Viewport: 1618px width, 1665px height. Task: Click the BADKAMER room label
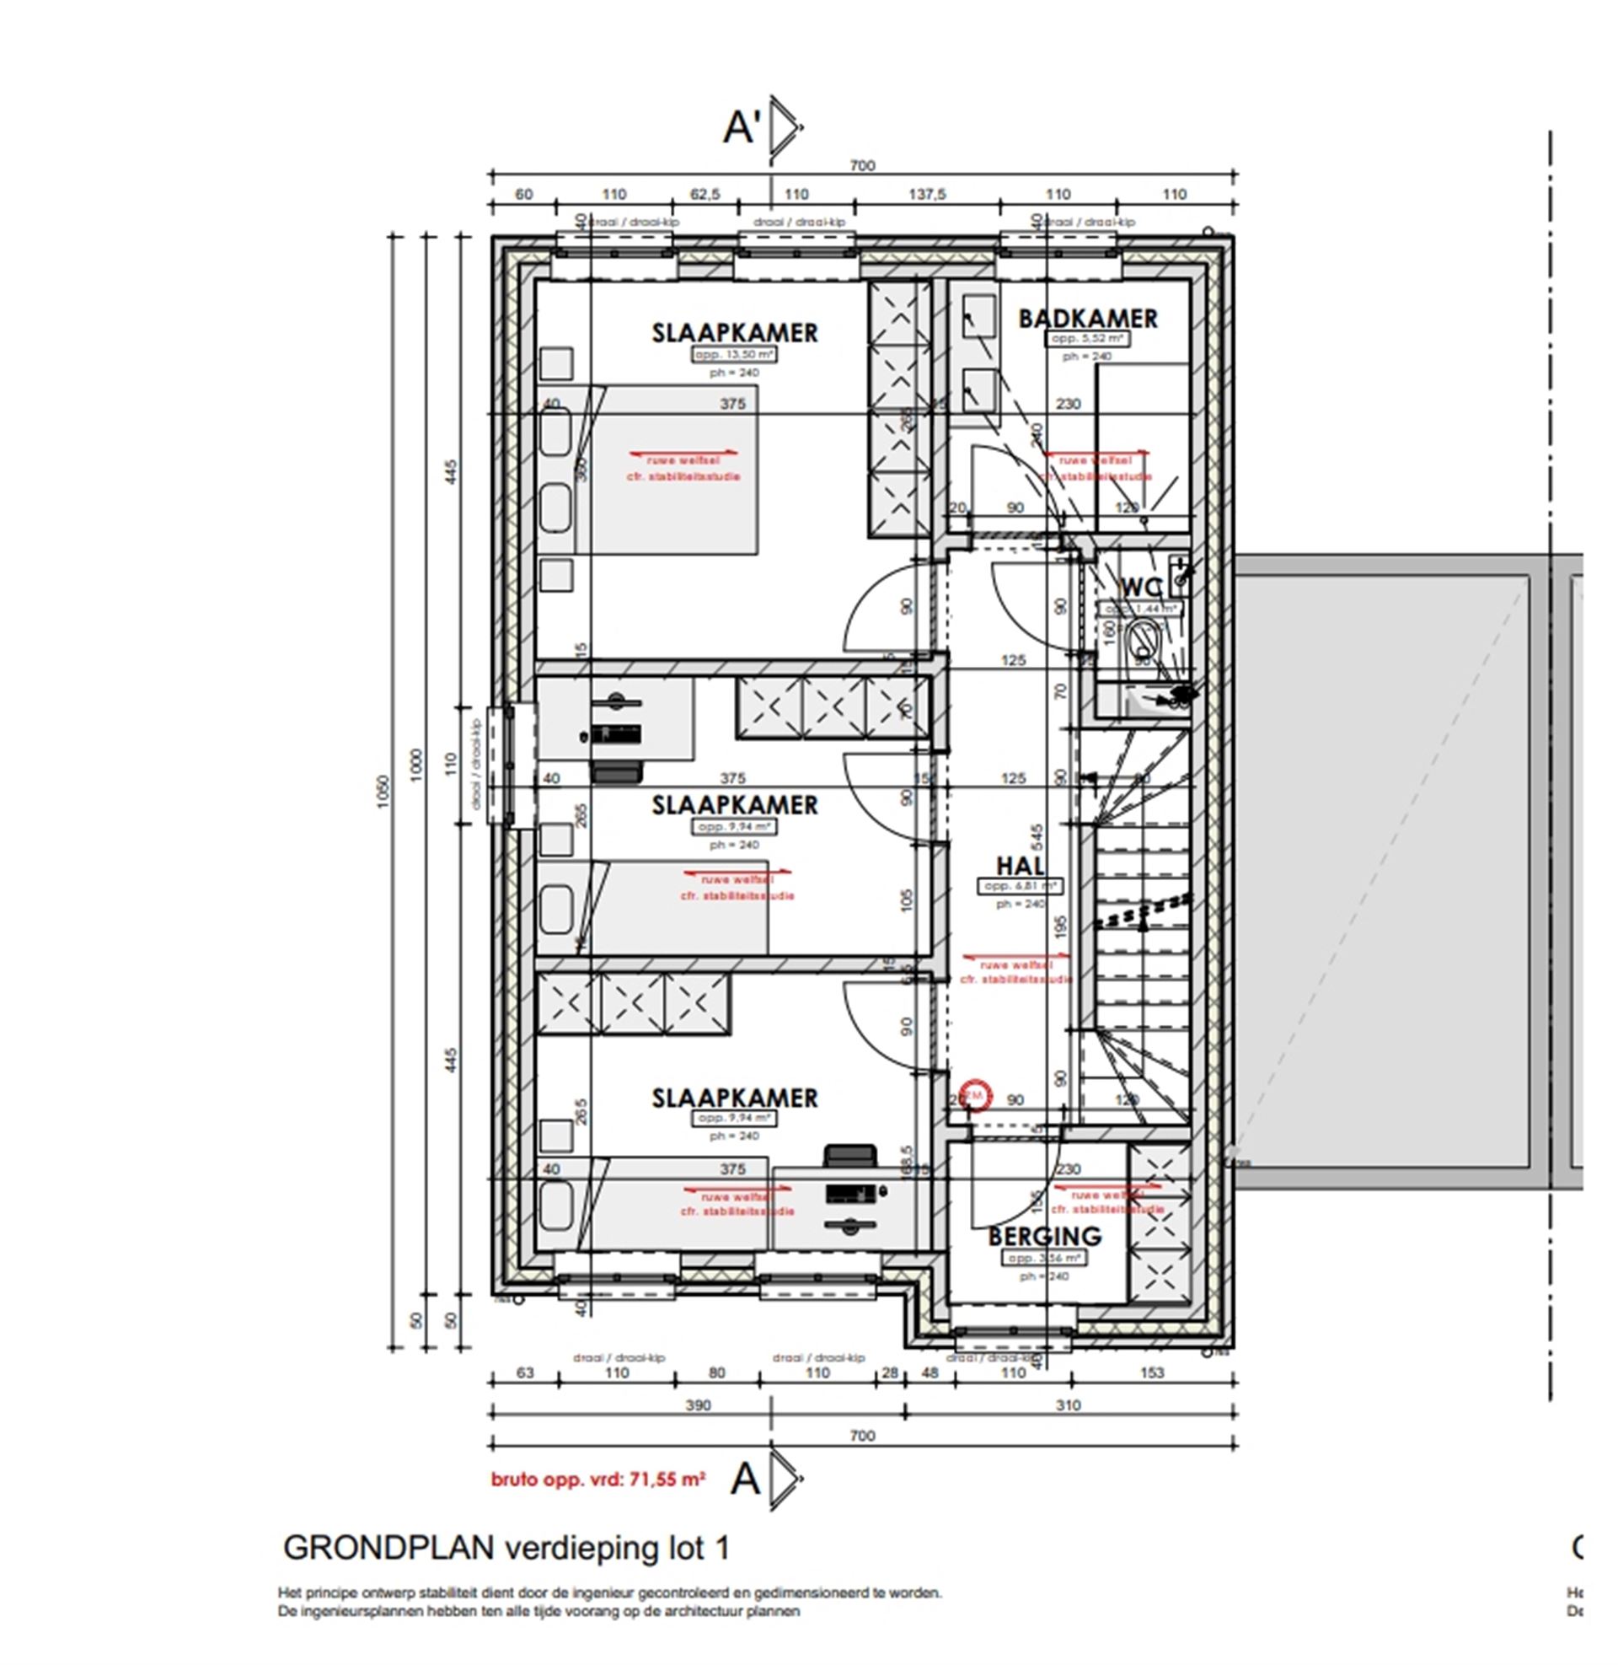click(x=1087, y=319)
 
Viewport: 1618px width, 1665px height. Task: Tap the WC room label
click(x=1141, y=588)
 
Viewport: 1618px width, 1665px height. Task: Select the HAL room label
click(x=1020, y=865)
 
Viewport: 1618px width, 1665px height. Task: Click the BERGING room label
click(x=1044, y=1236)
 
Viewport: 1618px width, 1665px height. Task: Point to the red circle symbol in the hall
click(x=975, y=1096)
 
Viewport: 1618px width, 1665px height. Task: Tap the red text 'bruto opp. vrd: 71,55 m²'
click(x=597, y=1480)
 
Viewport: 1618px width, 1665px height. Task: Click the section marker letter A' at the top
click(x=741, y=127)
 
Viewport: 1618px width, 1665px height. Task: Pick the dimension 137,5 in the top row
click(x=926, y=195)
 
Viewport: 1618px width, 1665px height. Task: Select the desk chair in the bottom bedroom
click(x=849, y=1156)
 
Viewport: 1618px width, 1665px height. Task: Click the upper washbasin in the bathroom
click(x=979, y=317)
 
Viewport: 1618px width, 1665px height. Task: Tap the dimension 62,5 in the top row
click(x=705, y=195)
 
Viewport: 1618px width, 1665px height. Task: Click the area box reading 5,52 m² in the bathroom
click(x=1087, y=339)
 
